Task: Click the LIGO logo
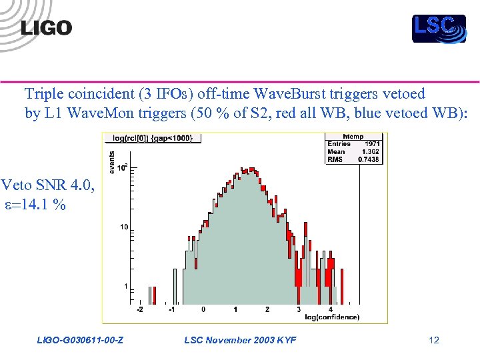(46, 27)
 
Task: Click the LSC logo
(438, 28)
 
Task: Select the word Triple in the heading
(43, 93)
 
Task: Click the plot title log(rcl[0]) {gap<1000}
(152, 138)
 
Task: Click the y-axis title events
(111, 162)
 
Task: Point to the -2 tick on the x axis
(139, 310)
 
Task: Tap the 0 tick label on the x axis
(203, 310)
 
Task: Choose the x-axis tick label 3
(299, 310)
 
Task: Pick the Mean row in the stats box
(354, 152)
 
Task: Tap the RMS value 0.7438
(370, 159)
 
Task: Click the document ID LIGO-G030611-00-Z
(79, 341)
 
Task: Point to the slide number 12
(434, 341)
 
